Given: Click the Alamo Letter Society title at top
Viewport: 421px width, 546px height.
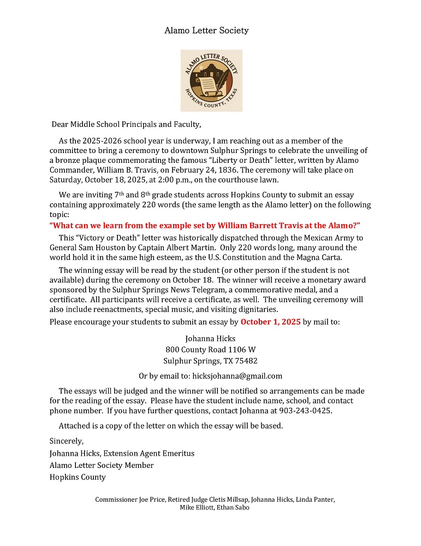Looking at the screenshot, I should tap(206, 31).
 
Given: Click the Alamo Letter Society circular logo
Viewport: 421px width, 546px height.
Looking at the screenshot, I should tap(211, 81).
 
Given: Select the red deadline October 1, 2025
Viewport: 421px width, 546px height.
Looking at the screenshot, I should tap(270, 322).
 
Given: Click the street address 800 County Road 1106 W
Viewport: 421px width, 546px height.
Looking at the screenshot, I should tap(210, 350).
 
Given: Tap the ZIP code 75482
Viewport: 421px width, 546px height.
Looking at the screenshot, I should tap(246, 361).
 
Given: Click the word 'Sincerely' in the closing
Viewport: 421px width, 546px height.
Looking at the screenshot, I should tap(67, 441).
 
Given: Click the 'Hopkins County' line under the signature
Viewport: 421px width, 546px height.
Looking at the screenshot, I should tap(78, 477).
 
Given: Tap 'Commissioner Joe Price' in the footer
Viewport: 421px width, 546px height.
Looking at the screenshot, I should tap(129, 500).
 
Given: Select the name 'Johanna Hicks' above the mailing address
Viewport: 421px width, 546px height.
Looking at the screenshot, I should tap(210, 339).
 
